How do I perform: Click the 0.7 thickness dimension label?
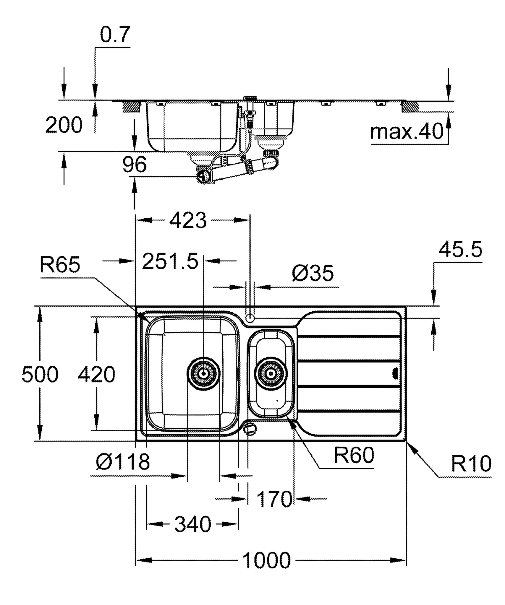pyautogui.click(x=115, y=35)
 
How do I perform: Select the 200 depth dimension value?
pyautogui.click(x=64, y=125)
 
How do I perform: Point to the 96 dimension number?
pyautogui.click(x=135, y=165)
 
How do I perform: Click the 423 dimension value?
pyautogui.click(x=188, y=220)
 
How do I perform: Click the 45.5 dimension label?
pyautogui.click(x=460, y=249)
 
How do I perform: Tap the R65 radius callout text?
pyautogui.click(x=60, y=265)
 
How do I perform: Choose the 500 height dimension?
pyautogui.click(x=40, y=375)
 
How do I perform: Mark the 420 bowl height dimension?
pyautogui.click(x=96, y=375)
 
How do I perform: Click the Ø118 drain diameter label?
pyautogui.click(x=123, y=462)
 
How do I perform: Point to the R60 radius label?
pyautogui.click(x=354, y=455)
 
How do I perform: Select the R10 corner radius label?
pyautogui.click(x=471, y=464)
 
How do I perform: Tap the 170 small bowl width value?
pyautogui.click(x=274, y=499)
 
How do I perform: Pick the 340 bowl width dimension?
pyautogui.click(x=193, y=524)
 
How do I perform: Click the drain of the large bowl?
pyautogui.click(x=204, y=374)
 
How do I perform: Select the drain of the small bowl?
pyautogui.click(x=271, y=374)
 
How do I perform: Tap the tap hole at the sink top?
pyautogui.click(x=250, y=318)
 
